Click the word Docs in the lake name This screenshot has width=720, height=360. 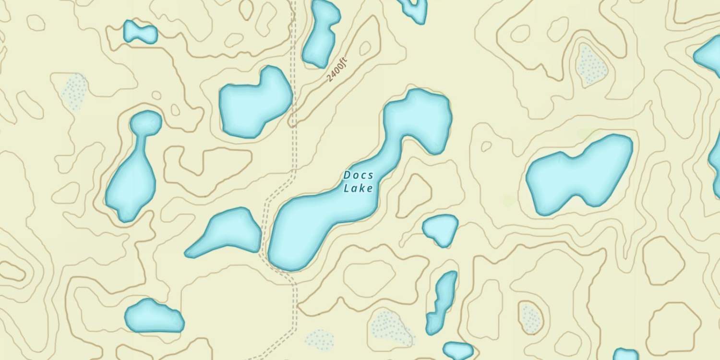(359, 175)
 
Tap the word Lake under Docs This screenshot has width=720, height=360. (359, 188)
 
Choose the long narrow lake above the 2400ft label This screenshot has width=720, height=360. (321, 32)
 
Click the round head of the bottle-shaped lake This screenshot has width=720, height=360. (146, 123)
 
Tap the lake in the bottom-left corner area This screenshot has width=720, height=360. (154, 316)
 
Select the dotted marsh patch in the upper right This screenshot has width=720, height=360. (591, 65)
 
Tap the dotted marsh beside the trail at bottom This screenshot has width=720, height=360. (320, 339)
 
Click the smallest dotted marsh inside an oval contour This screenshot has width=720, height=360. (531, 318)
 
